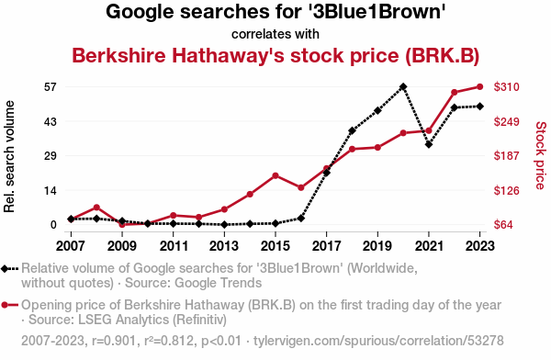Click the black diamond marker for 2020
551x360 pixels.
(x=403, y=86)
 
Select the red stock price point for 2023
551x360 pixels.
(x=480, y=86)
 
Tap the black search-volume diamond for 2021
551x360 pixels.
(x=429, y=144)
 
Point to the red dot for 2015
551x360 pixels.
(x=275, y=175)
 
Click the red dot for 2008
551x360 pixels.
(x=96, y=208)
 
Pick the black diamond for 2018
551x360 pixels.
(x=352, y=130)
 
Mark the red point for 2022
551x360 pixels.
(x=455, y=92)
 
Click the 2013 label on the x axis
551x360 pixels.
(x=224, y=246)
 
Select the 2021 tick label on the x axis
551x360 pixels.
(x=429, y=246)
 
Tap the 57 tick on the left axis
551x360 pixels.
(x=51, y=87)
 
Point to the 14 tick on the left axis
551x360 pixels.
(x=51, y=190)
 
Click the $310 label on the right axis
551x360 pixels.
(x=506, y=87)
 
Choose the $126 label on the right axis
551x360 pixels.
(x=506, y=190)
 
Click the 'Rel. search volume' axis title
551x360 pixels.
(x=9, y=156)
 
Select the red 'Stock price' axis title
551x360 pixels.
(x=541, y=155)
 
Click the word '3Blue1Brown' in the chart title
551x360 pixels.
(x=376, y=12)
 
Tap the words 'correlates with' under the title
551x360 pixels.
(x=275, y=34)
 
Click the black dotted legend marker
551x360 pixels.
(x=9, y=268)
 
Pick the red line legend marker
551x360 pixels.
(x=9, y=305)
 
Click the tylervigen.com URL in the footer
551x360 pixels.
(x=378, y=341)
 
